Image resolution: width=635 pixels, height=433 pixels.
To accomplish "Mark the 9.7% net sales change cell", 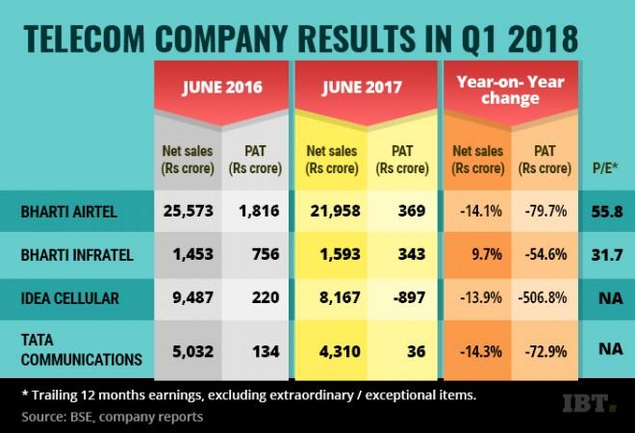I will click(x=476, y=255).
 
